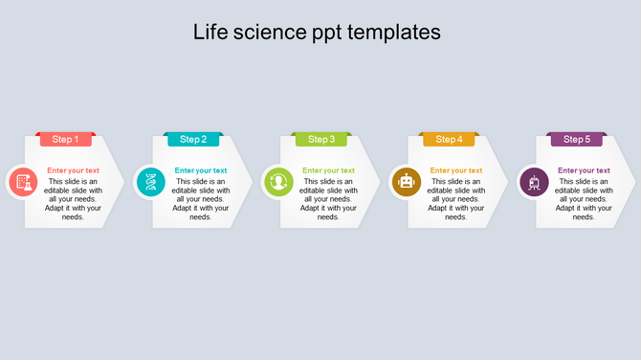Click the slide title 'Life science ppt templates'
317,32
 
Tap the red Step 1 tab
65,140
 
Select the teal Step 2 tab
193,140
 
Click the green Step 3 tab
321,140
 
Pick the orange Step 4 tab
449,140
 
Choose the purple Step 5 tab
576,140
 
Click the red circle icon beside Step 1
23,182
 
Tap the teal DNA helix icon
150,182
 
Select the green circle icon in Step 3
278,182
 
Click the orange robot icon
406,182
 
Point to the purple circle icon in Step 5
534,182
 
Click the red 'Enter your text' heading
73,170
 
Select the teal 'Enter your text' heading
201,170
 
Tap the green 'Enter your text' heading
328,170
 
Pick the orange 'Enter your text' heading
456,170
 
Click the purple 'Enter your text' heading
584,170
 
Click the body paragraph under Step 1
73,199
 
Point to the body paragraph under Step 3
328,199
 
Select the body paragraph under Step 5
584,199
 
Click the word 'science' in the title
269,32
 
